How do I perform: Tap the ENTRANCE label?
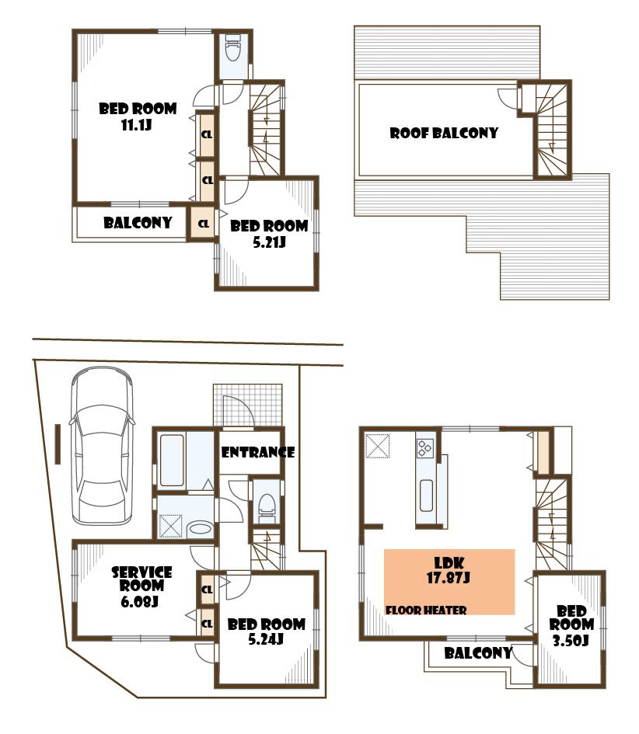(x=257, y=452)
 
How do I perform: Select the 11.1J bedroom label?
(x=137, y=116)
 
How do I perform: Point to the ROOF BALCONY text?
(x=444, y=133)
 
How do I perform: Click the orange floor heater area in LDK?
(x=449, y=581)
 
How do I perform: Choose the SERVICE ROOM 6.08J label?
(x=141, y=586)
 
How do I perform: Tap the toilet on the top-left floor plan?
(x=232, y=51)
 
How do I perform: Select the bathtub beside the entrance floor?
(x=171, y=458)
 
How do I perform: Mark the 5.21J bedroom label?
(x=269, y=234)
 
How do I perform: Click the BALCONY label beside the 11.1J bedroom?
(x=138, y=223)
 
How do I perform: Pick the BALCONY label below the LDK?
(x=477, y=652)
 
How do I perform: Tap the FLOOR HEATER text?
(x=426, y=611)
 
